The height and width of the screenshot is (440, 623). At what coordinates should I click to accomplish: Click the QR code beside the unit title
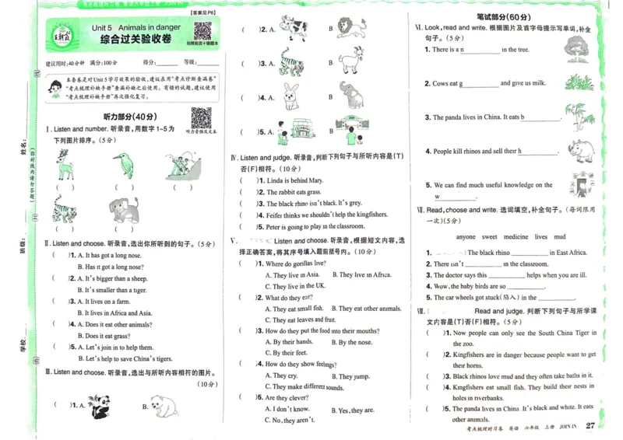[x=203, y=32]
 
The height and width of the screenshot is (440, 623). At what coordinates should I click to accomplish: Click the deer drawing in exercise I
[x=65, y=164]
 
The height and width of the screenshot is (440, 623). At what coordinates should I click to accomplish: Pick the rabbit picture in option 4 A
[x=292, y=96]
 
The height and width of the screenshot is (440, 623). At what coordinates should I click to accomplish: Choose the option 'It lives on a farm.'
[x=107, y=302]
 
